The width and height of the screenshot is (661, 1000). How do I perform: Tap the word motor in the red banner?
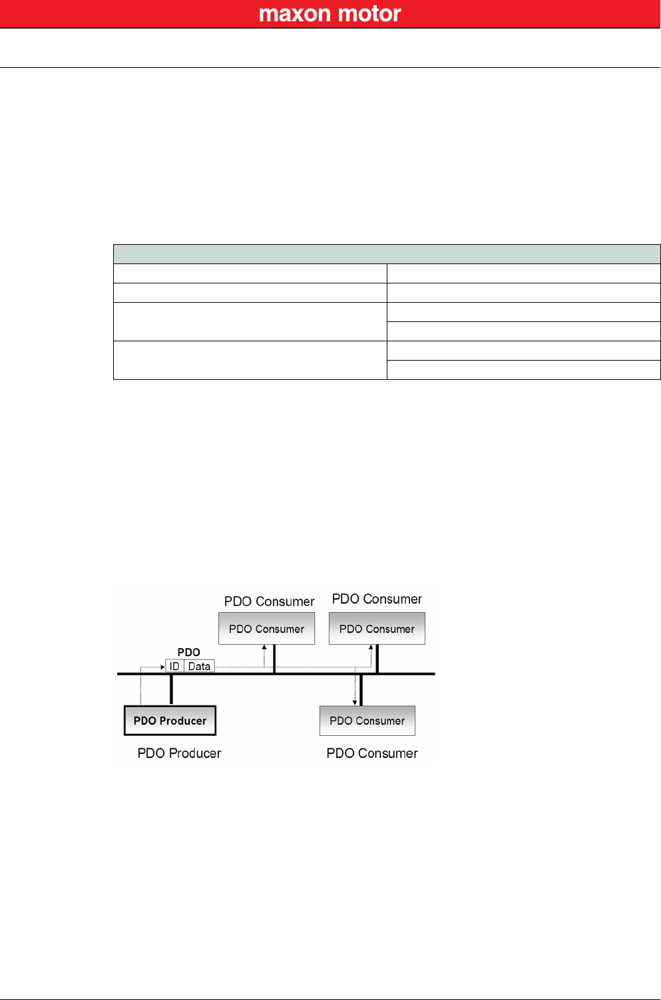pos(370,14)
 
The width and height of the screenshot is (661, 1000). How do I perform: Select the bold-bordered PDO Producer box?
pos(170,721)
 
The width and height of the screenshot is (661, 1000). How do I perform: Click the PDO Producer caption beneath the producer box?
pos(179,753)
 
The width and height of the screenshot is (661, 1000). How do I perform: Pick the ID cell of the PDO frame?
pos(174,666)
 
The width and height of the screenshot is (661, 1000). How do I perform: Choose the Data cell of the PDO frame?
pos(199,666)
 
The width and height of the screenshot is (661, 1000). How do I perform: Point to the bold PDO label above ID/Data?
pos(188,652)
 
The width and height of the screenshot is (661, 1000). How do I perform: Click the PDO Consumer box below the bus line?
pos(367,721)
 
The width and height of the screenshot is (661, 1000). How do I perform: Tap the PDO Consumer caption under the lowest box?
pos(372,753)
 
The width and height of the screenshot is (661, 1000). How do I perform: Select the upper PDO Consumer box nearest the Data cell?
pos(266,629)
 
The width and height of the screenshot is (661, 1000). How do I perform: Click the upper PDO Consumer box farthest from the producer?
pos(377,629)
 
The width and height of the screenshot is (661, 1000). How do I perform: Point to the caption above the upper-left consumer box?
pos(269,601)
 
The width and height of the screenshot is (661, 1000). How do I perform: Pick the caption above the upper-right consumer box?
pos(377,599)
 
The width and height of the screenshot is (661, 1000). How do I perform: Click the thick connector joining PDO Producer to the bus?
pos(171,689)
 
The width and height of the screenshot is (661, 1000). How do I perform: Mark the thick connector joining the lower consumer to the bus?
pos(361,689)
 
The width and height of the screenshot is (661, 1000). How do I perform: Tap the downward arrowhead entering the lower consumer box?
pos(355,702)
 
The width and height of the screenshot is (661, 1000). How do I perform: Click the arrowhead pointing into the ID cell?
pos(162,666)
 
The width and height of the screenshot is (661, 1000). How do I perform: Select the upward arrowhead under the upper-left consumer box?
pos(264,647)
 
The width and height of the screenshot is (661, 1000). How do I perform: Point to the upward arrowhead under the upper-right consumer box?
pos(371,647)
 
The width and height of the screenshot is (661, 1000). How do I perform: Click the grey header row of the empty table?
pos(387,254)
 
